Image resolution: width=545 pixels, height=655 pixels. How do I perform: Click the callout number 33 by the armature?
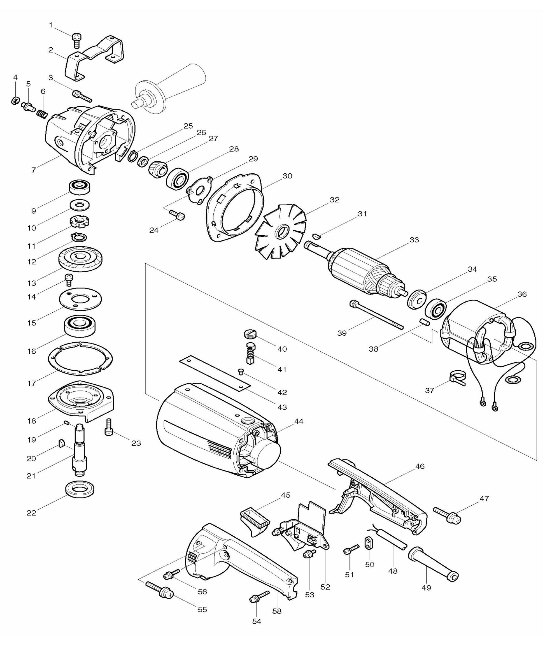point(414,240)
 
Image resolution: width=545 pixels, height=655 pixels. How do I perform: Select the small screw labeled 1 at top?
point(76,41)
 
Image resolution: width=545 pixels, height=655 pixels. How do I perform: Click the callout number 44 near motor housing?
point(299,421)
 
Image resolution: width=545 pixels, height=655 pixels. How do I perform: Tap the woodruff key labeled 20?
point(62,443)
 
